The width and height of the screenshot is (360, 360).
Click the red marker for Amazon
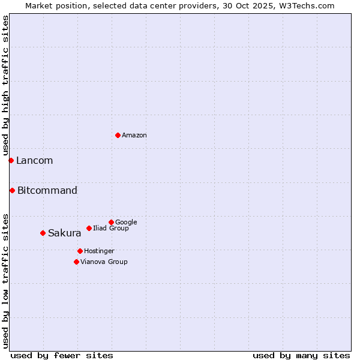118,135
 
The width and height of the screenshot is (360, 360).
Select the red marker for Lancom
11,160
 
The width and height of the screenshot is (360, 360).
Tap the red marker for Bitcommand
12,190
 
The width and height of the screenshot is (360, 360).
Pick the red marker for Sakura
43,233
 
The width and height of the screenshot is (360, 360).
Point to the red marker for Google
111,222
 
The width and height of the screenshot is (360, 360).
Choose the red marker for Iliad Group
89,228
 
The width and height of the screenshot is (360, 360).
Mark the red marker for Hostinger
80,251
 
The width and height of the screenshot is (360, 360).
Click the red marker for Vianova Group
76,262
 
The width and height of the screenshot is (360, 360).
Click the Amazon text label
134,136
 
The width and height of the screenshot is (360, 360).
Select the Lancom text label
34,161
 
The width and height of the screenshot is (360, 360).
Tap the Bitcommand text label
47,191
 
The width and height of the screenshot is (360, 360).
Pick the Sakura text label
64,233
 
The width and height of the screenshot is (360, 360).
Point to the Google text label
126,223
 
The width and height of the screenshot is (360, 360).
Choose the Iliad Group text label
111,229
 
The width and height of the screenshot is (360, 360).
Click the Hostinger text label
99,251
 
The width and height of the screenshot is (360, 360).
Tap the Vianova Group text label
104,262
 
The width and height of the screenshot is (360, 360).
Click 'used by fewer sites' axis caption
62,355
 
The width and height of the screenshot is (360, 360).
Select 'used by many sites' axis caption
301,355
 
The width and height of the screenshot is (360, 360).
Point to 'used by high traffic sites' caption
5,86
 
